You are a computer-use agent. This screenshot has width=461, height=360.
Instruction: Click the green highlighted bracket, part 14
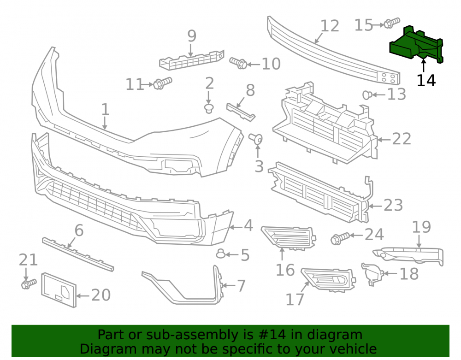pyautogui.click(x=416, y=45)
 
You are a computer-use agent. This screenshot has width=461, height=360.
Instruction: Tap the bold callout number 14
pyautogui.click(x=426, y=80)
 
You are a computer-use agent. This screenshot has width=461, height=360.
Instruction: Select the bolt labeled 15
pyautogui.click(x=391, y=23)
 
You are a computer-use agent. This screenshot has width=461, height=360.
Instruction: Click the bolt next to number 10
pyautogui.click(x=238, y=63)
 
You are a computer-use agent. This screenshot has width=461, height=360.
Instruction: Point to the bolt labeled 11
pyautogui.click(x=163, y=83)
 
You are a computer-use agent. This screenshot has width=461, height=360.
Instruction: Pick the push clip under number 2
pyautogui.click(x=209, y=108)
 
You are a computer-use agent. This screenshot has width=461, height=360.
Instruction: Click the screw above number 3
pyautogui.click(x=256, y=139)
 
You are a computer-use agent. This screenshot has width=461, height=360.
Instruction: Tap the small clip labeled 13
pyautogui.click(x=367, y=95)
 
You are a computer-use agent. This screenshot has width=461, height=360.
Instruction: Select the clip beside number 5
pyautogui.click(x=220, y=254)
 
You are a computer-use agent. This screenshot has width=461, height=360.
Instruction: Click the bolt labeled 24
pyautogui.click(x=340, y=238)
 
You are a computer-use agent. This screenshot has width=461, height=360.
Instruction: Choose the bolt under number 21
pyautogui.click(x=29, y=283)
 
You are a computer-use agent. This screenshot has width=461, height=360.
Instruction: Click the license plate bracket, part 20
pyautogui.click(x=59, y=290)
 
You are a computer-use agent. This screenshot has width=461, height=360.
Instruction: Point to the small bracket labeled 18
pyautogui.click(x=372, y=274)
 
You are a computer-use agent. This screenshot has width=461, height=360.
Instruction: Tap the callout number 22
pyautogui.click(x=402, y=139)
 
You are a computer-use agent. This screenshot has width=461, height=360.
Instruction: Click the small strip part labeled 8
pyautogui.click(x=241, y=112)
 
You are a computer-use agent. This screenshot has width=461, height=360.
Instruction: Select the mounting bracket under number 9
pyautogui.click(x=191, y=60)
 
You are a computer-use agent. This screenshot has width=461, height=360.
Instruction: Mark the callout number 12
pyautogui.click(x=330, y=26)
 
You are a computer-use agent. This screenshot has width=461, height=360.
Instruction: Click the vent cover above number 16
pyautogui.click(x=289, y=237)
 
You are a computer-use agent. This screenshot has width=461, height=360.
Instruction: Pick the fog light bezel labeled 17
pyautogui.click(x=328, y=279)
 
